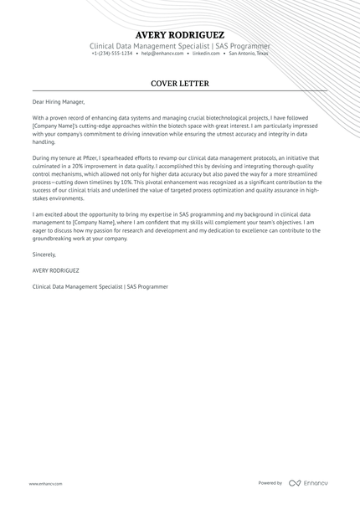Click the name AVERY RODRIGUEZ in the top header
click(179, 35)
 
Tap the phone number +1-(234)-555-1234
click(112, 54)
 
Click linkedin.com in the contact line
click(206, 54)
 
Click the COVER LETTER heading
click(179, 84)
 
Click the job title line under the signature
click(100, 286)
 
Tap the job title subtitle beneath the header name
click(179, 45)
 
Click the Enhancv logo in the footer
click(311, 483)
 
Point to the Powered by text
click(270, 483)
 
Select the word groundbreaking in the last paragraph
click(54, 238)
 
